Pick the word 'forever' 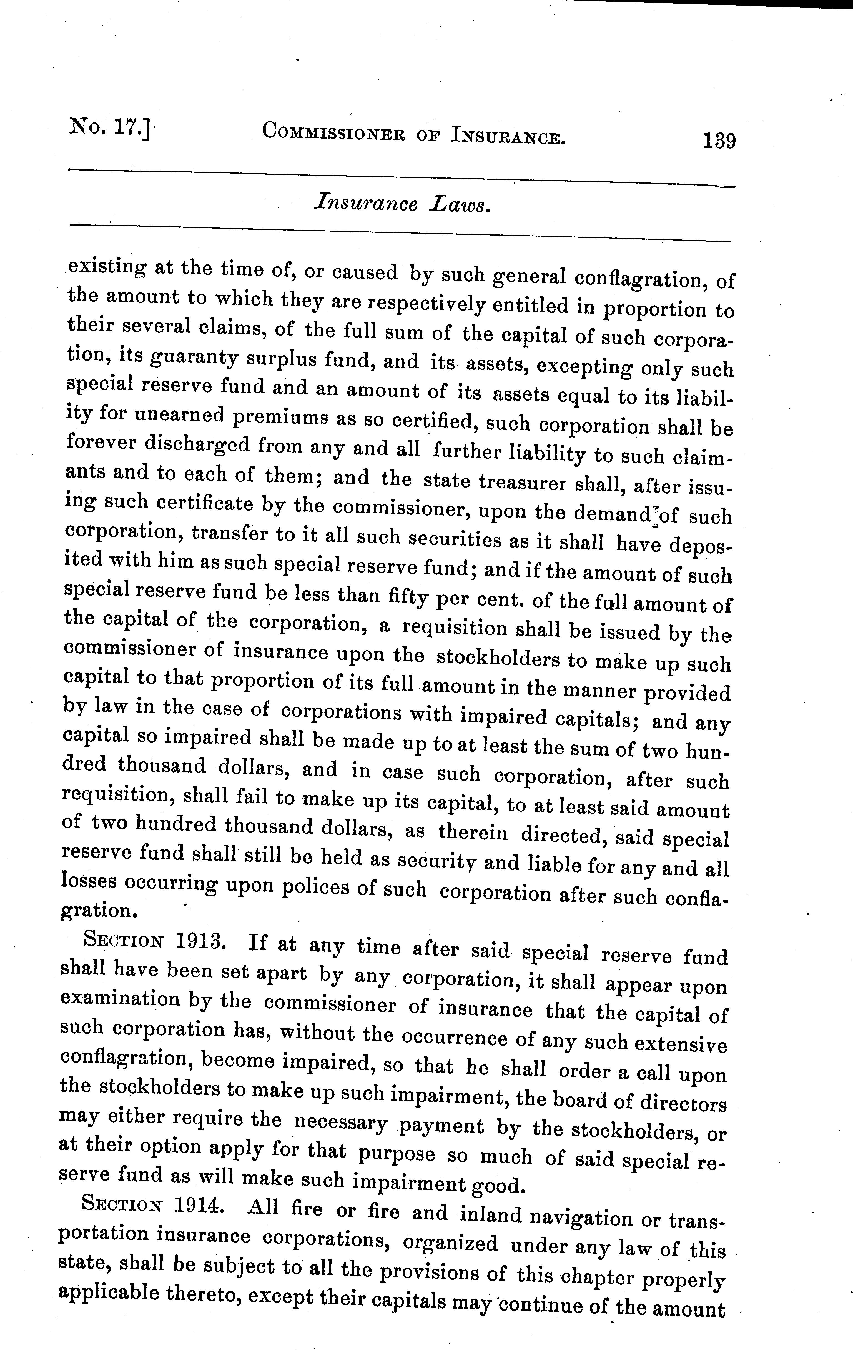click(x=101, y=443)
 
